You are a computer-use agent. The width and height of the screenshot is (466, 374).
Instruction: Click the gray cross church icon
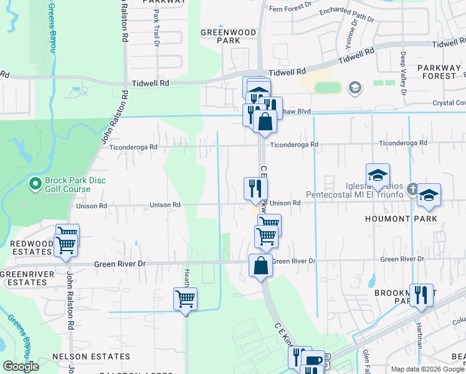[x=411, y=188]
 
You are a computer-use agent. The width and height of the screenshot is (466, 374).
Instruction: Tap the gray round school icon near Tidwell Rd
[x=355, y=87]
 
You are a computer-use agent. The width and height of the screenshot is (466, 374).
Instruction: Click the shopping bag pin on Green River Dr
[x=260, y=265]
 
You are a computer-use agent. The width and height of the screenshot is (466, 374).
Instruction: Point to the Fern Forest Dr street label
[x=290, y=8]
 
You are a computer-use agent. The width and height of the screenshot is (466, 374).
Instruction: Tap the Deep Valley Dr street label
[x=403, y=74]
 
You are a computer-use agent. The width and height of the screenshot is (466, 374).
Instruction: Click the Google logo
[x=21, y=367]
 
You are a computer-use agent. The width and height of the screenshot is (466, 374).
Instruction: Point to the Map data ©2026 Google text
[x=427, y=369]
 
